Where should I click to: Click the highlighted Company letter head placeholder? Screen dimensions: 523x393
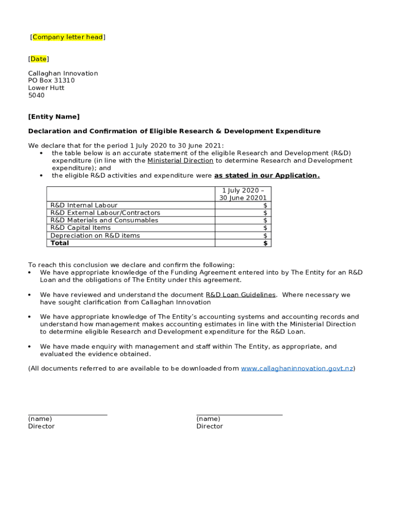click(67, 37)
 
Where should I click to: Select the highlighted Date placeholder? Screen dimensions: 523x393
click(38, 59)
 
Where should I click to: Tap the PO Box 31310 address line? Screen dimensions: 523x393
click(51, 81)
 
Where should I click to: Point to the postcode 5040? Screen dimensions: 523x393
click(36, 96)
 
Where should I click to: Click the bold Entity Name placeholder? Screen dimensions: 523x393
click(54, 117)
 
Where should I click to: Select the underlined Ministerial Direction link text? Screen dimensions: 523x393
click(180, 161)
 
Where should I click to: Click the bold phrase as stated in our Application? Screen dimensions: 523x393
click(266, 176)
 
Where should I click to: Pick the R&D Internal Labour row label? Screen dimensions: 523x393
click(84, 205)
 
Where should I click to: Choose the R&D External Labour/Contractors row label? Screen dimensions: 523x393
click(105, 213)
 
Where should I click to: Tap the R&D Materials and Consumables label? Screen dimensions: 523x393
click(104, 221)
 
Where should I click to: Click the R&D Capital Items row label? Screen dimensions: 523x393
click(80, 228)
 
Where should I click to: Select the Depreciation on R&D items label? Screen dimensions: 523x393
click(95, 236)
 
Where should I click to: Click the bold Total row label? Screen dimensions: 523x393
click(59, 243)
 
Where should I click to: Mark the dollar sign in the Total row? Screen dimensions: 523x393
click(265, 244)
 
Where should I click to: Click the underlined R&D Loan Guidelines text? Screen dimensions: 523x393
click(240, 295)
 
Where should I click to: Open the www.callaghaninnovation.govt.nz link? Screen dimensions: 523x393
click(297, 369)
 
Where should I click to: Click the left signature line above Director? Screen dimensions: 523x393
click(67, 415)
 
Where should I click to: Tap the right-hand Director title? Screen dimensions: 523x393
click(209, 426)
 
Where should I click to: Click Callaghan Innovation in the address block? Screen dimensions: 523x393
click(63, 74)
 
